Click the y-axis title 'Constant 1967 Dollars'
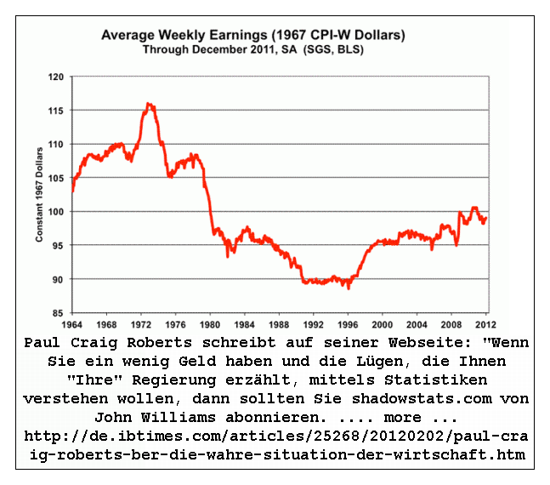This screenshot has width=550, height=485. (40, 195)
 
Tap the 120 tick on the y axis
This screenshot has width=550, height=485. (58, 77)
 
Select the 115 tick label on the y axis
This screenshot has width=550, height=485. (58, 111)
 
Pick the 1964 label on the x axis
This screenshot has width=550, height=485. (72, 324)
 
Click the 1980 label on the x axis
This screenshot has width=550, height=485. (210, 324)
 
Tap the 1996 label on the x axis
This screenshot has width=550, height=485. (348, 324)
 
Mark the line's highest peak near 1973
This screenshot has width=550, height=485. (149, 104)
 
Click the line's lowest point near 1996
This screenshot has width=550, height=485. (348, 288)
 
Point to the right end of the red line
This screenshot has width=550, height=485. (485, 217)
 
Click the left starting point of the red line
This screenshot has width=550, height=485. (73, 191)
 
